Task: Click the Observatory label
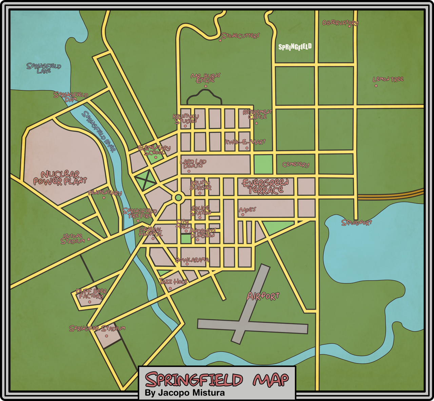click(x=340, y=23)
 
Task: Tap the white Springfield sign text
click(x=295, y=47)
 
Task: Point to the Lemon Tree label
click(x=388, y=79)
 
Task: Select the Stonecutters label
click(x=240, y=36)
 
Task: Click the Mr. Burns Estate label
click(x=205, y=78)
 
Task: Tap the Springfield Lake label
click(x=44, y=68)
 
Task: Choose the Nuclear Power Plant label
click(x=60, y=178)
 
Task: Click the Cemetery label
click(x=296, y=164)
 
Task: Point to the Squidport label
click(x=357, y=223)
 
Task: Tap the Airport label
click(x=263, y=296)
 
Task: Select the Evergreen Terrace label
click(x=265, y=186)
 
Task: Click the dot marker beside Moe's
click(x=242, y=215)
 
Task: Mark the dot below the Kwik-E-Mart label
click(x=247, y=148)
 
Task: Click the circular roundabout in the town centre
click(x=178, y=197)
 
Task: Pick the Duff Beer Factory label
click(x=91, y=294)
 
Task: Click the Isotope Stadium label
click(x=73, y=239)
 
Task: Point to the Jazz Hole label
click(x=173, y=281)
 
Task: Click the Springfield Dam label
click(x=71, y=97)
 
